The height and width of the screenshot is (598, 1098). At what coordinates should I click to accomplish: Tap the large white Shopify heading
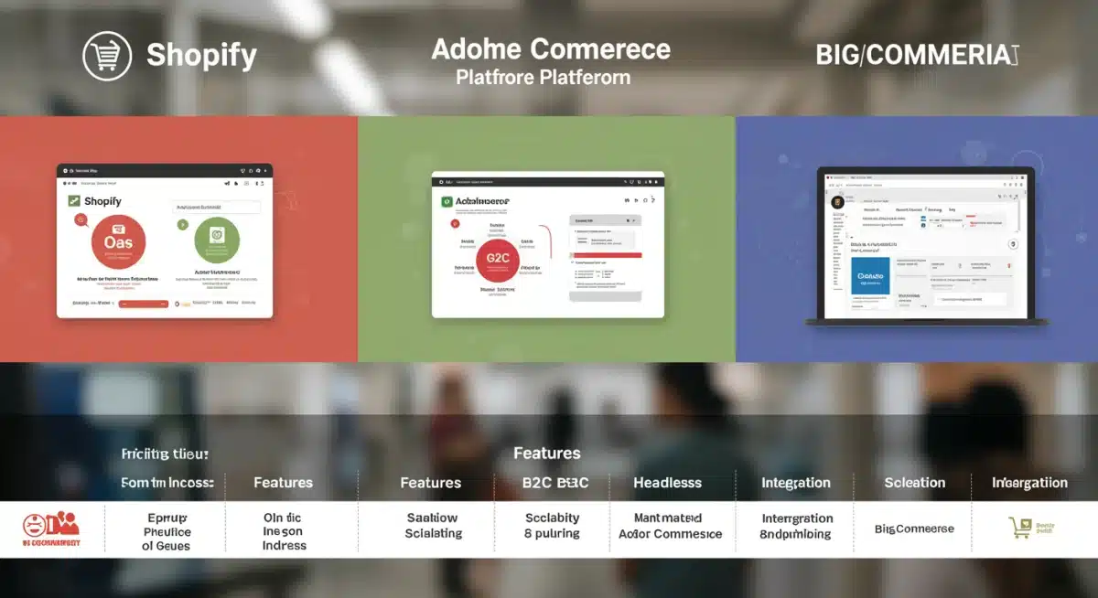201,57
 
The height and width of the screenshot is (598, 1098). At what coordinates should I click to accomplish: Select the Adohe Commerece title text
551,49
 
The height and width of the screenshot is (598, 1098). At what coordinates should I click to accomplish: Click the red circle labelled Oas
119,241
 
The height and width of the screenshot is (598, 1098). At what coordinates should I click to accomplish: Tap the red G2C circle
499,258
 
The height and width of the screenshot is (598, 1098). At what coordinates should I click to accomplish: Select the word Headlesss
667,483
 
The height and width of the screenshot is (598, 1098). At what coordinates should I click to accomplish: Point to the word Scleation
914,483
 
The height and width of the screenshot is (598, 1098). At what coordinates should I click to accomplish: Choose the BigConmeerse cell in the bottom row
914,529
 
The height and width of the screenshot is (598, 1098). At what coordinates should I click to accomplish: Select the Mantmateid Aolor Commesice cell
670,526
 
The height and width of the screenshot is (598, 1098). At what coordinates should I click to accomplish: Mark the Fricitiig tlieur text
165,454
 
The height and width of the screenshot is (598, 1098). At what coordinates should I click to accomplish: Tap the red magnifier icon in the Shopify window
81,219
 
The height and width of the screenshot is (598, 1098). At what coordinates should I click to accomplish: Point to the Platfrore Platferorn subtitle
544,78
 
